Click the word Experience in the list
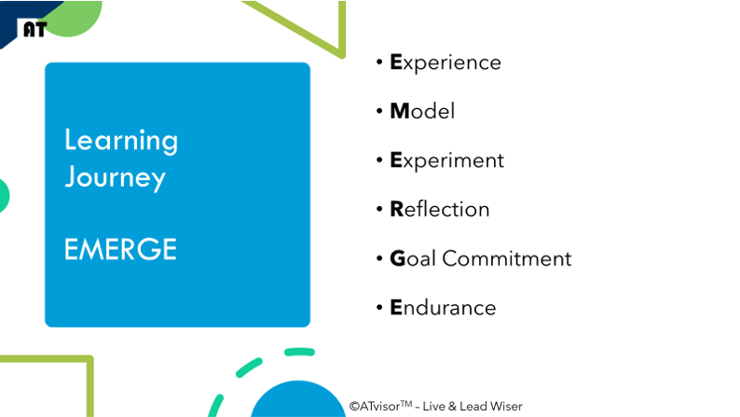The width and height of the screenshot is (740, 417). point(445,63)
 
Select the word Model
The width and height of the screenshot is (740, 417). point(422,111)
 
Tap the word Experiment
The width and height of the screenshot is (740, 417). point(446,161)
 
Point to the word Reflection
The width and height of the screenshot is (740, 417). point(439,209)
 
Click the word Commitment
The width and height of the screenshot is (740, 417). point(507,258)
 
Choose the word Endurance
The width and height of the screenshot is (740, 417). point(443,308)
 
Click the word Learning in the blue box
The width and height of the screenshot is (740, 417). point(121,141)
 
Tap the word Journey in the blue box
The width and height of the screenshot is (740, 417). point(116,178)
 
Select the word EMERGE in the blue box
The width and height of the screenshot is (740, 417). point(120,249)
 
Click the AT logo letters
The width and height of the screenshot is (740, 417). point(34,29)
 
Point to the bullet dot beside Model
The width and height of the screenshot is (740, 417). point(379,111)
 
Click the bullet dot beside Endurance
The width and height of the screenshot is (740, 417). point(379,308)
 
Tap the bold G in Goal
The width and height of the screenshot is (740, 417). point(398,258)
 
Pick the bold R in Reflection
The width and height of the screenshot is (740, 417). point(397,209)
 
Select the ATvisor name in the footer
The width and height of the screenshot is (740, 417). point(380,406)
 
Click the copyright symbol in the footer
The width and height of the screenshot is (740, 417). point(354,406)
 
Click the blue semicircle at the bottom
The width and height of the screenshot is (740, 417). point(298,401)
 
